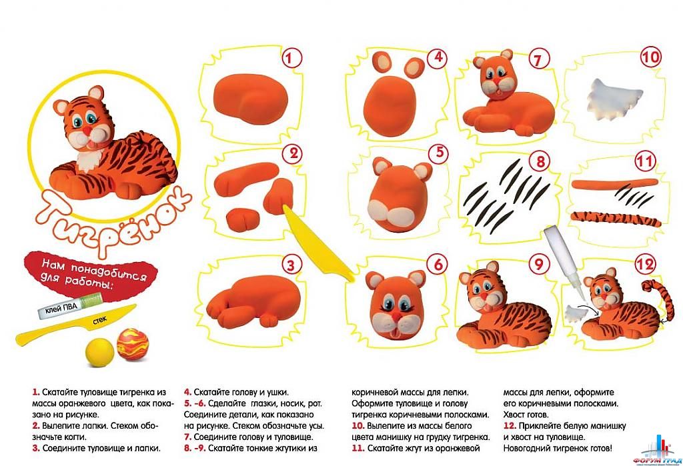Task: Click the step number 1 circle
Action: coord(291,58)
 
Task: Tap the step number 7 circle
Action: coord(539,59)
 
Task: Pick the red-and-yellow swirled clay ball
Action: coord(133,345)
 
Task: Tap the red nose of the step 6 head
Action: coord(394,313)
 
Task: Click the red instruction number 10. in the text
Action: coord(358,425)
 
